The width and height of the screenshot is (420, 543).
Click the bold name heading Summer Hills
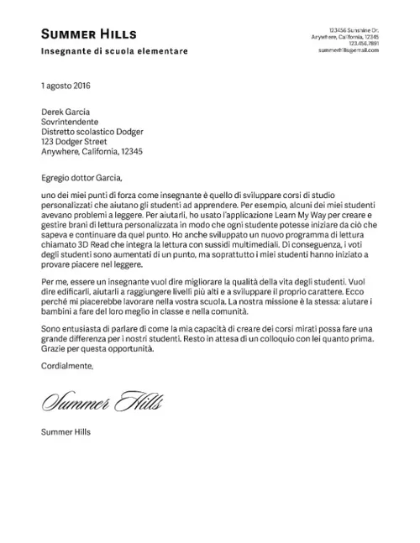[89, 34]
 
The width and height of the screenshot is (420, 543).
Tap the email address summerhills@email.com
[349, 50]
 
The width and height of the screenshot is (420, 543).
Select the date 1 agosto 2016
[66, 86]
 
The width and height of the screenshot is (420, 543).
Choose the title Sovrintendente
[70, 121]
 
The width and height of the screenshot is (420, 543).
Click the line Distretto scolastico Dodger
[92, 132]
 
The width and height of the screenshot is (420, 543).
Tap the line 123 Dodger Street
[74, 142]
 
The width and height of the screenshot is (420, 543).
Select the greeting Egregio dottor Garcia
[81, 177]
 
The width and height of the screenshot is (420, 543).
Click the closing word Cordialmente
[68, 366]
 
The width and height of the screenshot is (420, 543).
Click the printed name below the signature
[66, 433]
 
